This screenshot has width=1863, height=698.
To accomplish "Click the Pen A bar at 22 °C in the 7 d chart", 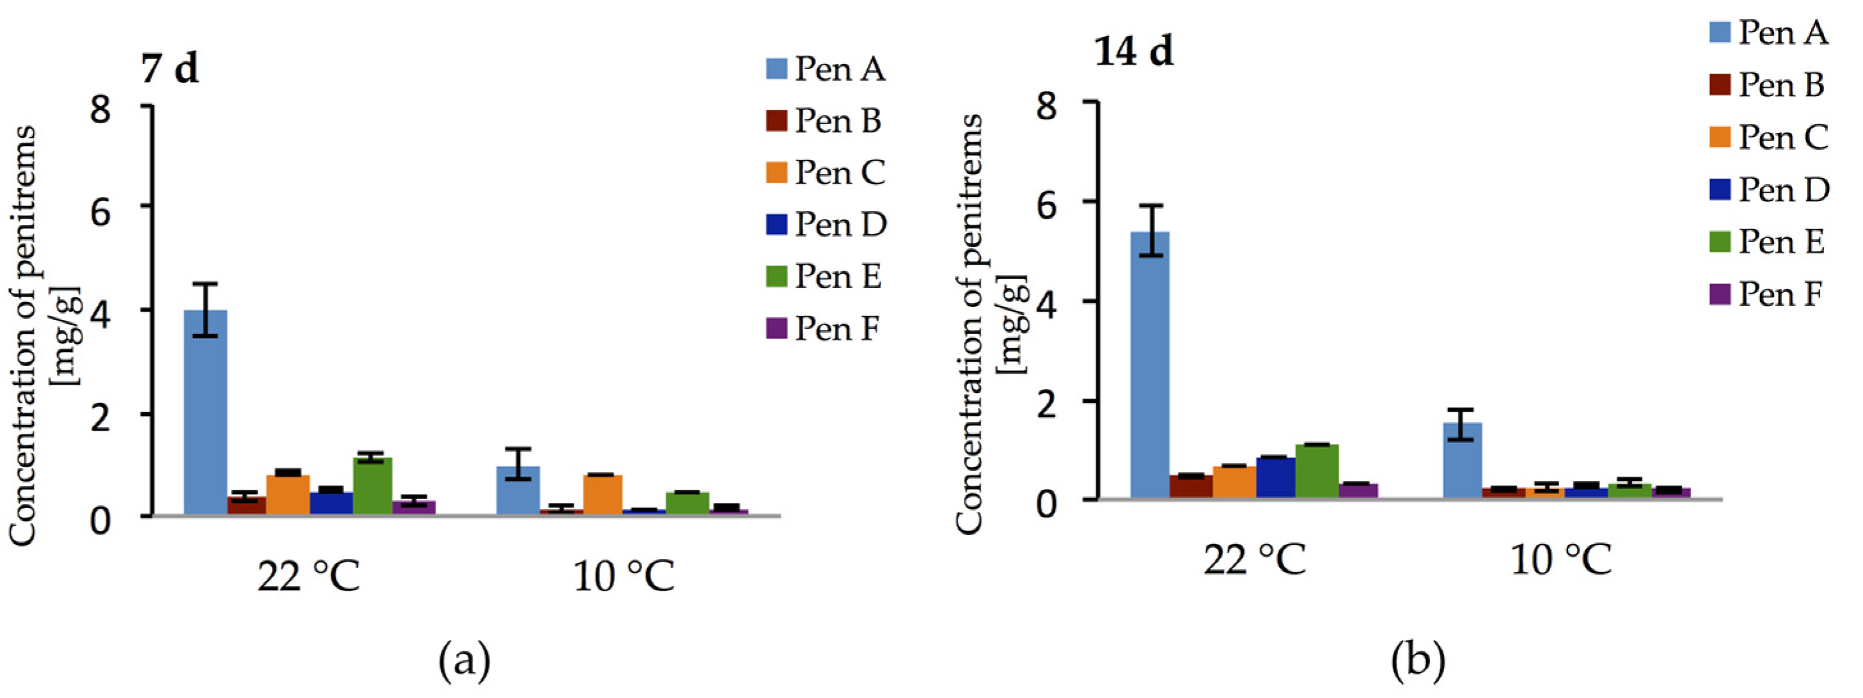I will coord(205,412).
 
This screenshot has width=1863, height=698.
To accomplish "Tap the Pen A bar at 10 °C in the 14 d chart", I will coord(1463,461).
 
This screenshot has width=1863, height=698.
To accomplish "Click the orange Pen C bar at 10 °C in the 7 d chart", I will coord(602,495).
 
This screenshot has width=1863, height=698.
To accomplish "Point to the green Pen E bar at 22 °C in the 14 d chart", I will coord(1317,471).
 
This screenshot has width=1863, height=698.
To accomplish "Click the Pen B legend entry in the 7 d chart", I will coord(824,121).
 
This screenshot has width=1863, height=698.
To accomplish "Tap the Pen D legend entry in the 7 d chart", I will coord(827,224).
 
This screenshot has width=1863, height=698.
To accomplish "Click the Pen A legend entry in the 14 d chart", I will coord(1769,33).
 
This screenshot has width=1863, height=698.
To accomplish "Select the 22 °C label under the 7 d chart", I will coord(309,577).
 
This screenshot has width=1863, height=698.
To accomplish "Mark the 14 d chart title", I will coord(1133,52).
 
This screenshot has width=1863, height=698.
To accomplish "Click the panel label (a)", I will coord(464,660).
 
